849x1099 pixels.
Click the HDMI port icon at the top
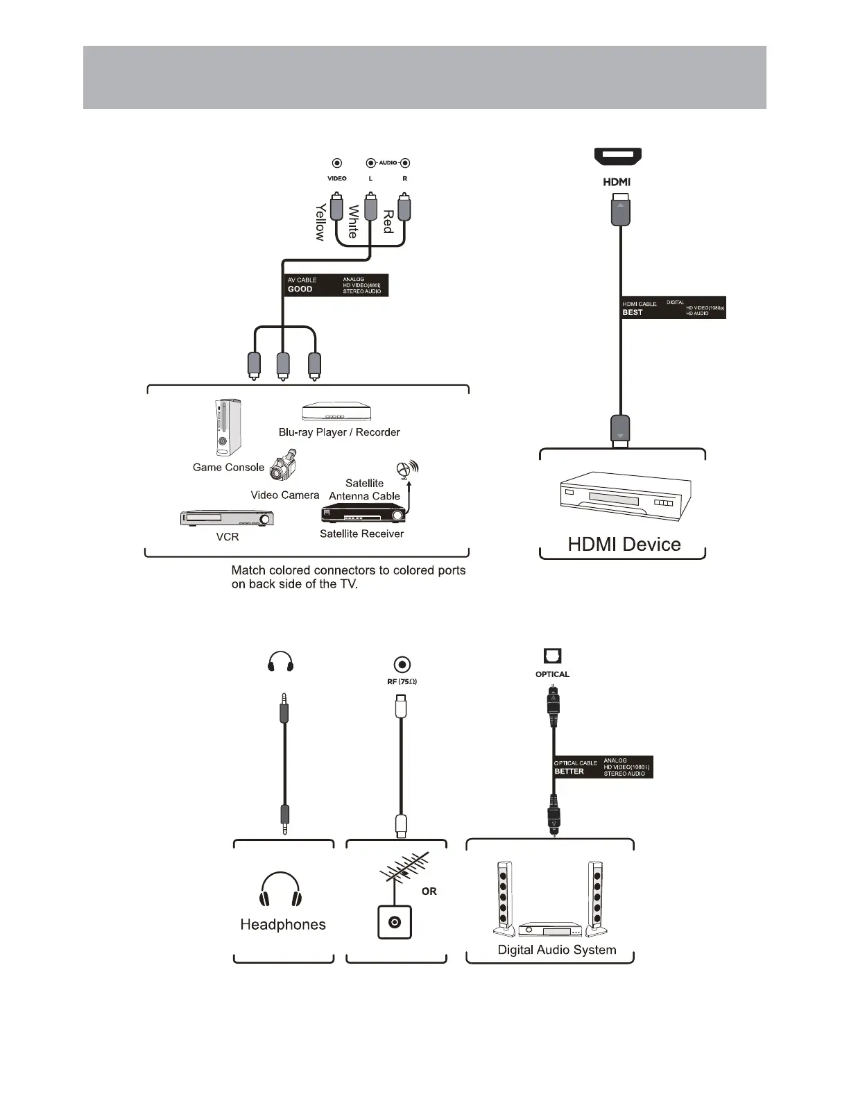click(x=617, y=157)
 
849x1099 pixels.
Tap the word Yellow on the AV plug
click(x=320, y=222)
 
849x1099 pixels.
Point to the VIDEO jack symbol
click(x=336, y=164)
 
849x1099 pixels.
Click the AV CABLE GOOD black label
click(x=336, y=285)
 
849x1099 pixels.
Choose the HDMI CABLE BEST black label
click(x=673, y=308)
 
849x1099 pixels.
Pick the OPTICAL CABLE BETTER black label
click(x=603, y=767)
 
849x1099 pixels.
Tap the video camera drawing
click(x=284, y=466)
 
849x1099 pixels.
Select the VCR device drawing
click(x=227, y=518)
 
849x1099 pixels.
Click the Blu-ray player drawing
click(x=336, y=412)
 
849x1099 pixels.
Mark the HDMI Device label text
click(x=624, y=544)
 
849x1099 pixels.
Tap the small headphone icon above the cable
click(x=280, y=662)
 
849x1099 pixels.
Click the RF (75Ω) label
click(x=402, y=681)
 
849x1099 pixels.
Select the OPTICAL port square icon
click(x=552, y=656)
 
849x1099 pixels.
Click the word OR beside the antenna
click(x=429, y=892)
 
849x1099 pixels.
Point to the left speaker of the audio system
click(x=504, y=897)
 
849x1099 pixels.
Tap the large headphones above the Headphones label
click(x=281, y=889)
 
